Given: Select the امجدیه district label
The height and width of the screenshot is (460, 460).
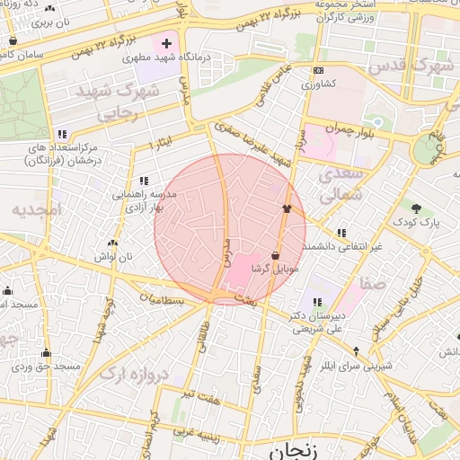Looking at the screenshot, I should (x=34, y=209).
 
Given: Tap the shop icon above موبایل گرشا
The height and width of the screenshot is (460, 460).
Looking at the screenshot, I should (x=274, y=256).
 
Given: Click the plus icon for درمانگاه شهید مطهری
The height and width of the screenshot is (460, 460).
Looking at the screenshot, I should (x=165, y=42).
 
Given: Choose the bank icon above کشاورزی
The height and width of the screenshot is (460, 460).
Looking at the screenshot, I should (x=317, y=71).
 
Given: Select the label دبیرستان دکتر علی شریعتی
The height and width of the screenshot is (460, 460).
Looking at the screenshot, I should (x=315, y=322).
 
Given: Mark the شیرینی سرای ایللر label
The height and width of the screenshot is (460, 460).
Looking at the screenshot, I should (x=357, y=366).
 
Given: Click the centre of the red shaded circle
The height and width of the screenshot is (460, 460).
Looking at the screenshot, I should (x=230, y=230).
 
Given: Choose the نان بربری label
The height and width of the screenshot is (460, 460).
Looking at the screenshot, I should (x=49, y=22).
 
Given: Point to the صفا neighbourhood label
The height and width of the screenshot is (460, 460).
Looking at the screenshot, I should (x=375, y=283).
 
